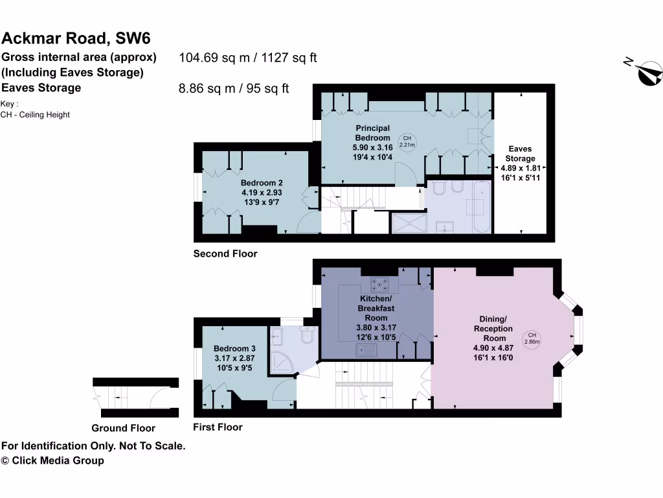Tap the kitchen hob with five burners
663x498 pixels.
point(379,284)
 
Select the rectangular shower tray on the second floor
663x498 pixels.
point(409,224)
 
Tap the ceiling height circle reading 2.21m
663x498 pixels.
point(407,141)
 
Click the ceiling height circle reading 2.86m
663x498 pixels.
point(532,338)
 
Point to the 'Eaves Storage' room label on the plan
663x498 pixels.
point(521,154)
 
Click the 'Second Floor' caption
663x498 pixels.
point(225,254)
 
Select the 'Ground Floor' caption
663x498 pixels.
point(123,428)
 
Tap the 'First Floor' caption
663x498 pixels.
point(218,427)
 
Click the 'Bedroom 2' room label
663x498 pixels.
point(262,183)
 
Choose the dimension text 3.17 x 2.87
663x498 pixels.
point(235,358)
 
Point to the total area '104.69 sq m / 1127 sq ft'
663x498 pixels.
point(247,58)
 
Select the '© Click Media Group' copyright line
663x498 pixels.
point(52,460)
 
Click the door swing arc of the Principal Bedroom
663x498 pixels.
point(405,174)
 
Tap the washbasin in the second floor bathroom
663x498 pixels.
point(445,226)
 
